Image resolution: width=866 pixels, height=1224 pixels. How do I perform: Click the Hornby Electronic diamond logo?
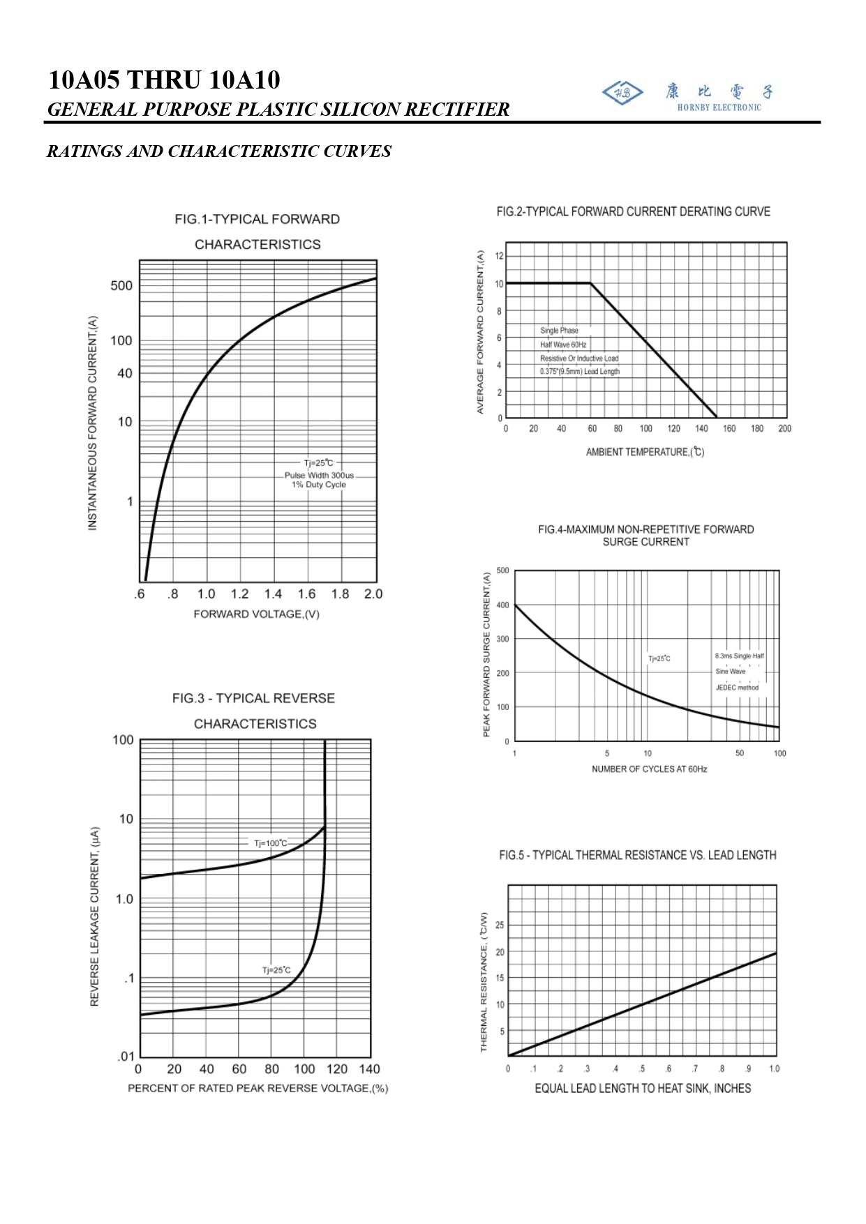click(622, 93)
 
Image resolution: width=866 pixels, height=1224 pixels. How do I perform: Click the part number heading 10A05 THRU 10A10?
click(164, 80)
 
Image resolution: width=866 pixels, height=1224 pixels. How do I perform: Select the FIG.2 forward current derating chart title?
click(633, 211)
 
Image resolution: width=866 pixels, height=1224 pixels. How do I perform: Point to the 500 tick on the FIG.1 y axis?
click(121, 285)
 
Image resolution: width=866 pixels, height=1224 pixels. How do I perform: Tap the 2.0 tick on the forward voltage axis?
click(373, 594)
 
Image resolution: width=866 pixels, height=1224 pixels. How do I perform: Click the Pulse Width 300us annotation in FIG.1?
click(319, 475)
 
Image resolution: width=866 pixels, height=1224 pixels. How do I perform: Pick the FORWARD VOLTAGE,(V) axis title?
click(256, 614)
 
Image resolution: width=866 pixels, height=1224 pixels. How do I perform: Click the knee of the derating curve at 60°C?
click(590, 283)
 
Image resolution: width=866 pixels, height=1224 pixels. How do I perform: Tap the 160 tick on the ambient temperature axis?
click(729, 429)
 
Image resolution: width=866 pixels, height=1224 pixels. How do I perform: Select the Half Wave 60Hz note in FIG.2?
click(562, 345)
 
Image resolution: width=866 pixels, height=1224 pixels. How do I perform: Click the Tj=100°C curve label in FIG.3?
click(270, 843)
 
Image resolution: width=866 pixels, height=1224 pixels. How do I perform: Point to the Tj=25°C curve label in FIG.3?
click(276, 970)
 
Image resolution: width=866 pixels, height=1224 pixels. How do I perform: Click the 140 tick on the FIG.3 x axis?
click(369, 1069)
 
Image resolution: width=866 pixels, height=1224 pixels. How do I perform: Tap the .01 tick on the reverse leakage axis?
click(126, 1057)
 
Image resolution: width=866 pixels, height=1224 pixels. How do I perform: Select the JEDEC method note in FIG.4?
click(737, 688)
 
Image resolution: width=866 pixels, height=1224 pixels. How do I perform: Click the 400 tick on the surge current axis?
click(502, 605)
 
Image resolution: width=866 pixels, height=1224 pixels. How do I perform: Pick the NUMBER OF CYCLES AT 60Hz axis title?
click(649, 769)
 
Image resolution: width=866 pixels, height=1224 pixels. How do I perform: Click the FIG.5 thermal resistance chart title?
click(637, 855)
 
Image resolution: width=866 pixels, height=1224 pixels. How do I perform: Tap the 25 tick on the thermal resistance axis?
click(500, 925)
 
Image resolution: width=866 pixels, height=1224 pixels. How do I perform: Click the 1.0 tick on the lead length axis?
click(774, 1069)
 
